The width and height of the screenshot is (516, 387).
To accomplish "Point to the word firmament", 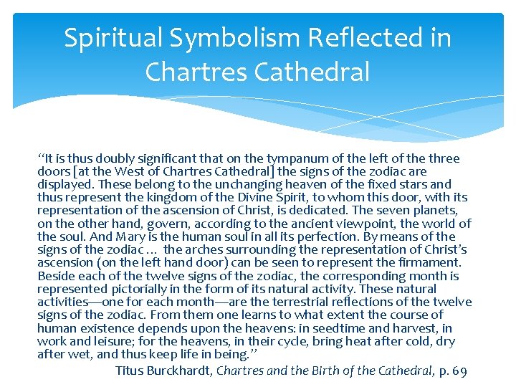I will [x=429, y=262].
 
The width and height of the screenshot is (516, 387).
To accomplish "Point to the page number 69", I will [x=459, y=371].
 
